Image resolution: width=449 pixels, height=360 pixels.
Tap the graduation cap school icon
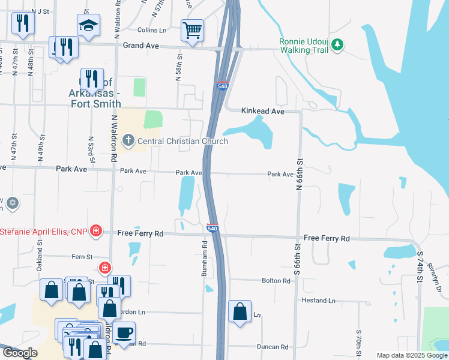[88, 26]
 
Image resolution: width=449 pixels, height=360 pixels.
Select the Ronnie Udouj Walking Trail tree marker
[337, 44]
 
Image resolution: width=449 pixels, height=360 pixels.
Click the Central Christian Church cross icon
[128, 141]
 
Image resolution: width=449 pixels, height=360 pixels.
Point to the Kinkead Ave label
[262, 111]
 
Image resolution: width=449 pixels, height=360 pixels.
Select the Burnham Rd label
[204, 259]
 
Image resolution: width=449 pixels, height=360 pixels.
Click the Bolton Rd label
[276, 280]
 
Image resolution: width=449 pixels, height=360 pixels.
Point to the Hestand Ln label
[319, 300]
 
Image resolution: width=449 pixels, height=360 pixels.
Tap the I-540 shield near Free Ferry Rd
[212, 229]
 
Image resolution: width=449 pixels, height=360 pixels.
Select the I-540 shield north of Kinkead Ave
[222, 86]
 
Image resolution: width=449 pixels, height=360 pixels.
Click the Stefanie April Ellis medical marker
[95, 231]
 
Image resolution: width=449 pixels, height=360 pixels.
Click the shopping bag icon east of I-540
[240, 311]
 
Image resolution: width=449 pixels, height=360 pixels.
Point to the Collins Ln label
[151, 30]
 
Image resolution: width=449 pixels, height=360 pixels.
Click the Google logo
[20, 353]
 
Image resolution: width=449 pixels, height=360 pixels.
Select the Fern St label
[82, 256]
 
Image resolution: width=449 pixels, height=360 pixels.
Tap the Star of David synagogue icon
[12, 203]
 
